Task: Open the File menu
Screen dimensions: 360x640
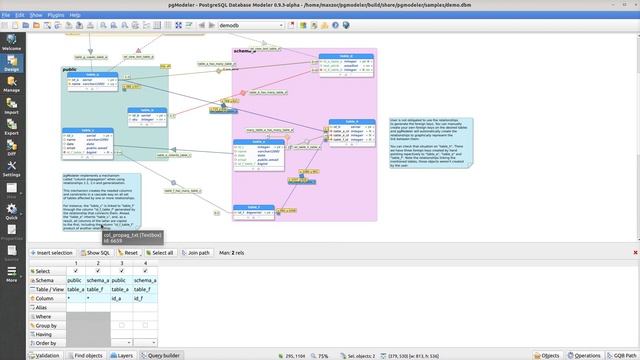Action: click(x=8, y=16)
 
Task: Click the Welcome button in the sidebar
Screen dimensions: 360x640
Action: click(x=12, y=39)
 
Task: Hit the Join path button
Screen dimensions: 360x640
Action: click(x=198, y=253)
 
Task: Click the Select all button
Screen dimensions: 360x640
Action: click(x=160, y=253)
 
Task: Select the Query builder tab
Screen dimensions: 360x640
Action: click(x=162, y=355)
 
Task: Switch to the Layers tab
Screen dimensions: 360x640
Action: click(x=119, y=355)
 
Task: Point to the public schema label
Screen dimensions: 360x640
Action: click(x=70, y=69)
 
